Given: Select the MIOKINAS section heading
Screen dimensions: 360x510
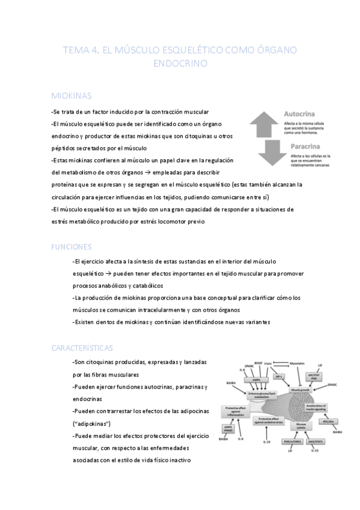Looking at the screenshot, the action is pyautogui.click(x=72, y=96).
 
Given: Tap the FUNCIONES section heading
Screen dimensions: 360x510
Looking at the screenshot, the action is pyautogui.click(x=72, y=246).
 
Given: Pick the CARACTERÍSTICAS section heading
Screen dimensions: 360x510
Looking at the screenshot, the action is pyautogui.click(x=83, y=348).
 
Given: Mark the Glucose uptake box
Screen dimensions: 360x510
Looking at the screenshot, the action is pyautogui.click(x=299, y=425).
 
